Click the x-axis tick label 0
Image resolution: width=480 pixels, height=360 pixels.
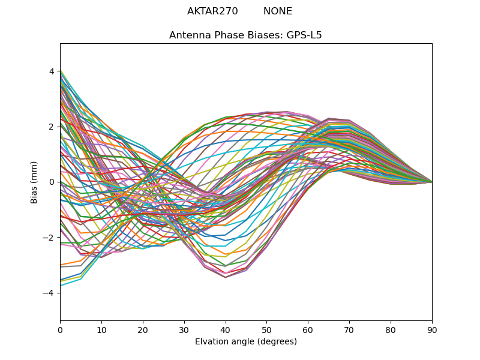(60, 329)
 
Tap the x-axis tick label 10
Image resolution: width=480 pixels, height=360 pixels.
(101, 329)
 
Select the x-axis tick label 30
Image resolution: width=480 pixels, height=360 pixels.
(184, 329)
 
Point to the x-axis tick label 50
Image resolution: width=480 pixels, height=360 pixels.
(266, 329)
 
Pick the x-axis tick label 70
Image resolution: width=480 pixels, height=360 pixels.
(349, 329)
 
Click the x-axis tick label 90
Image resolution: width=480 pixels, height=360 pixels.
(432, 329)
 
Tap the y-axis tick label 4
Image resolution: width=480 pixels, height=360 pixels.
(52, 71)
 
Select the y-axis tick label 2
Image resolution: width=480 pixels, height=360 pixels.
(52, 127)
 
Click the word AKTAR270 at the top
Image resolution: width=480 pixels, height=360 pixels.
(212, 11)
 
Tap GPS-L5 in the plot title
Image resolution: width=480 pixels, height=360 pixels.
(304, 35)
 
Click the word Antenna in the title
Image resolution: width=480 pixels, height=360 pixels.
(188, 35)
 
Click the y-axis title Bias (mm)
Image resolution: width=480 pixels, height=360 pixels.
(34, 182)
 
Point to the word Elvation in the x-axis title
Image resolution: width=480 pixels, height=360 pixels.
(211, 342)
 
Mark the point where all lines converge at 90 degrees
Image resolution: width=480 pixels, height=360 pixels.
(431, 182)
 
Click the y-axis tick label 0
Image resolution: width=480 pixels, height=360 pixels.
(52, 182)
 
